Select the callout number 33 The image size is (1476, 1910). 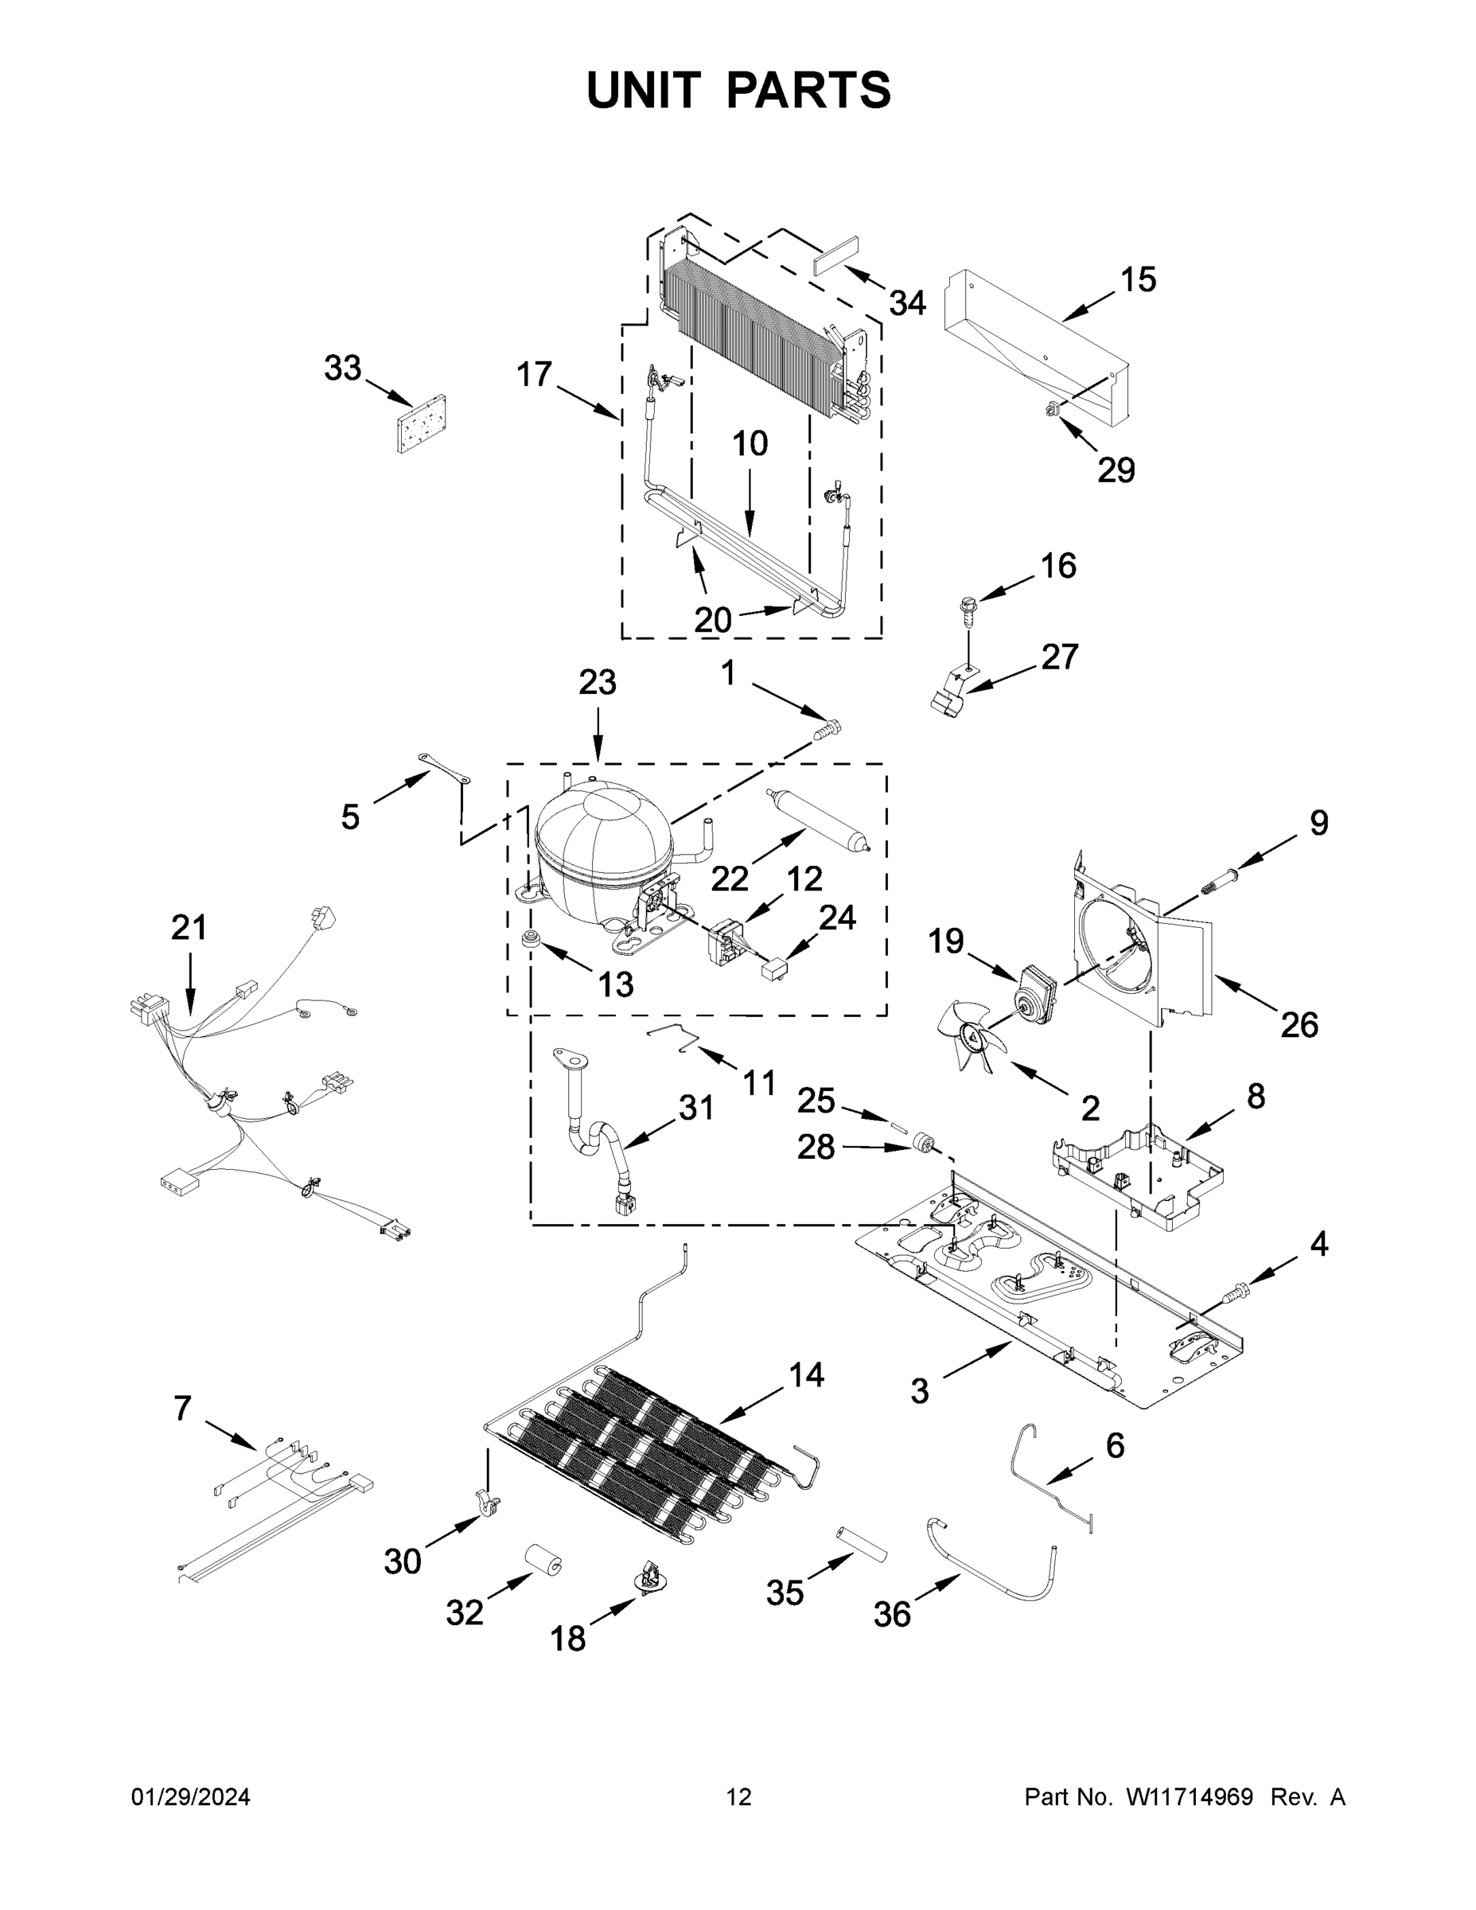point(342,368)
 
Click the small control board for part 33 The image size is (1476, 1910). point(423,423)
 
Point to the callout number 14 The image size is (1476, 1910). point(806,1376)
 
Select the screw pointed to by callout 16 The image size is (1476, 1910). point(965,610)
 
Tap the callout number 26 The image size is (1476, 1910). point(1299,1025)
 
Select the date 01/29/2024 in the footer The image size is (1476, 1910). point(191,1797)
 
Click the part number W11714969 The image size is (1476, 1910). point(1190,1797)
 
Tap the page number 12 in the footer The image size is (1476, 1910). point(739,1797)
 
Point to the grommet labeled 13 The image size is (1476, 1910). point(531,942)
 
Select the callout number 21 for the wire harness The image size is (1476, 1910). point(189,927)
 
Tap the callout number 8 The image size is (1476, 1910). point(1256,1095)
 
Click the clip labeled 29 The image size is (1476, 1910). point(1052,408)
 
